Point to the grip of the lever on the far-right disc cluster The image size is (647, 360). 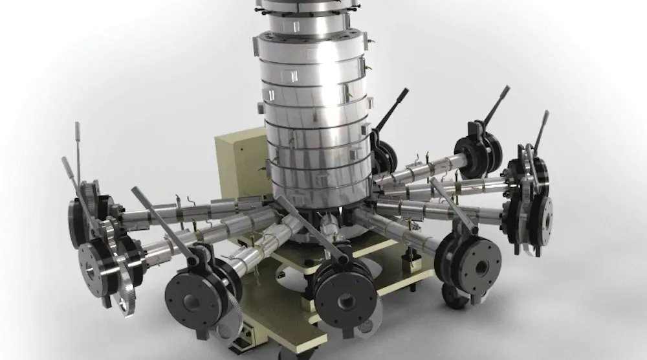pyautogui.click(x=542, y=123)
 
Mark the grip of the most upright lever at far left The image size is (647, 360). pyautogui.click(x=77, y=132)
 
